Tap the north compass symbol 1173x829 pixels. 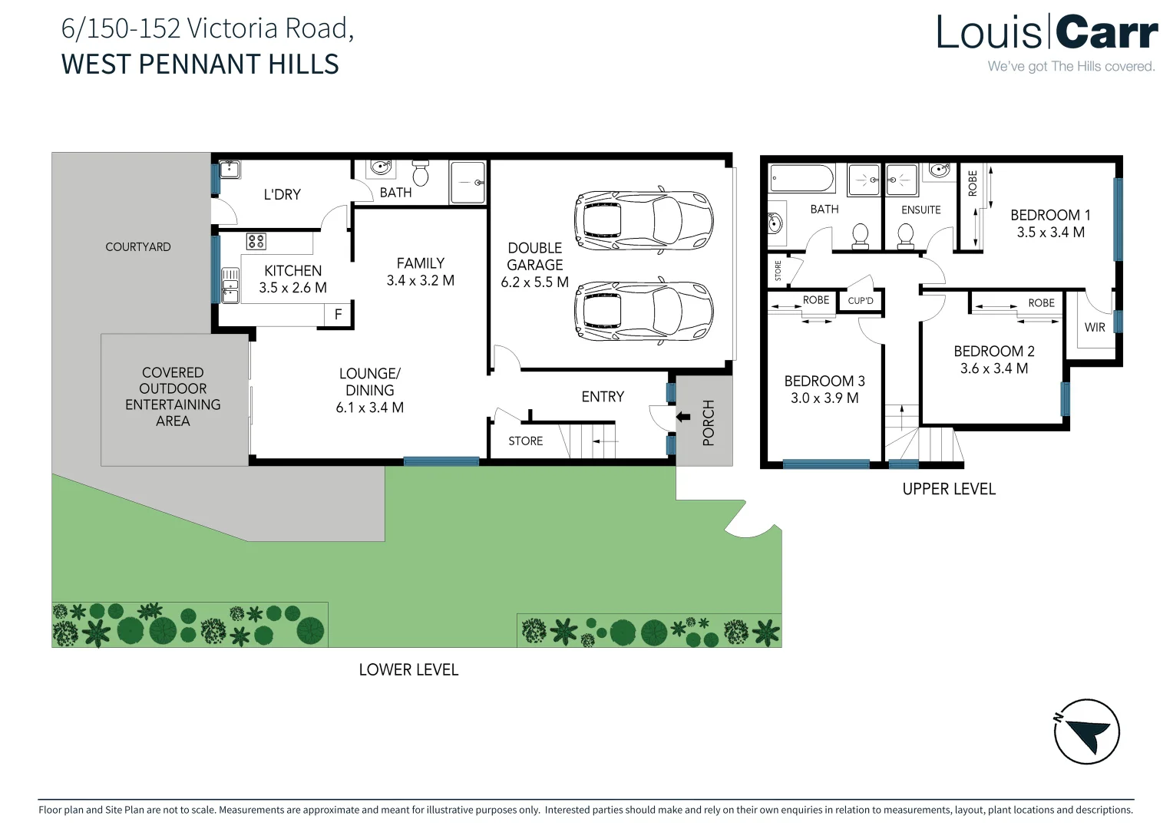(x=1086, y=731)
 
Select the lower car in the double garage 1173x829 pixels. (x=643, y=311)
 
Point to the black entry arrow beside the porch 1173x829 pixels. (x=682, y=418)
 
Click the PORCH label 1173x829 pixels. (x=708, y=422)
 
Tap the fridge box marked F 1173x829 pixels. (x=338, y=315)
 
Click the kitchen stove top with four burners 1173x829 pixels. (x=256, y=242)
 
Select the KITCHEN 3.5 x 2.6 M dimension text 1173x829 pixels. (x=292, y=288)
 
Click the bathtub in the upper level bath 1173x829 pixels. (x=801, y=179)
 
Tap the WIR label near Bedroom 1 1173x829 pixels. (x=1095, y=328)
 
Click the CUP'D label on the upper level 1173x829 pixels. (x=861, y=301)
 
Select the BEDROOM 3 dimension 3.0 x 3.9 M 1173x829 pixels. (x=824, y=398)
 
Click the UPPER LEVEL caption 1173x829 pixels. (x=949, y=489)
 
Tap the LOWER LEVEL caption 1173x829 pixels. (x=408, y=669)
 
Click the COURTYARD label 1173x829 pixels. (x=138, y=246)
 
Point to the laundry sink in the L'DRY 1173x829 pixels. (x=230, y=170)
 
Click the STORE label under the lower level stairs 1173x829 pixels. (x=525, y=441)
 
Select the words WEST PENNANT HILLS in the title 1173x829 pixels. (x=200, y=64)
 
